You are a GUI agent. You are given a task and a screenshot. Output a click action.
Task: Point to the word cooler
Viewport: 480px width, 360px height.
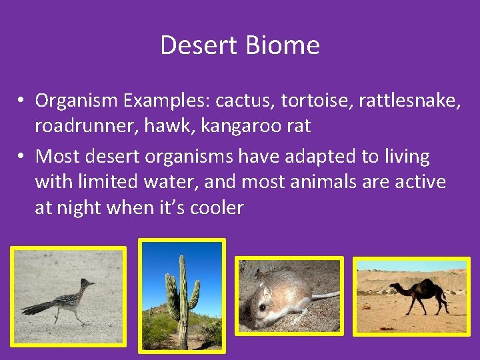tap(217, 208)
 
